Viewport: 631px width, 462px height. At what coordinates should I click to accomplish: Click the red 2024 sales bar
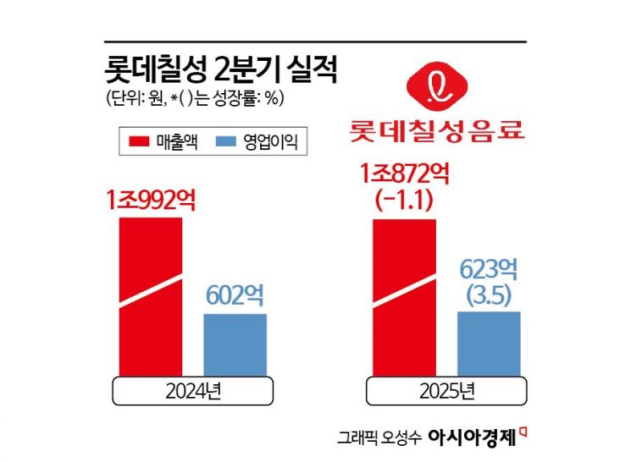150,296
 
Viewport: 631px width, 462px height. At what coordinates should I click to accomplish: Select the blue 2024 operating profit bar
235,344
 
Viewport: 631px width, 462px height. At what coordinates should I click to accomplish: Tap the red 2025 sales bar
404,296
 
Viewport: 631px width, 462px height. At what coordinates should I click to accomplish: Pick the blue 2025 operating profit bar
489,342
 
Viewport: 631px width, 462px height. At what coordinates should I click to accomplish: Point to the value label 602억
235,296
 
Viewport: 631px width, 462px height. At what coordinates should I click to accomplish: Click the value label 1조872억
406,175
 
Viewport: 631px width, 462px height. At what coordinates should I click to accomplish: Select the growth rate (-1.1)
406,201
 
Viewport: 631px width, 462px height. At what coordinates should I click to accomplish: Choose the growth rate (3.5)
489,295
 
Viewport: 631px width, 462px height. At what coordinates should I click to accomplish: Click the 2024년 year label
192,391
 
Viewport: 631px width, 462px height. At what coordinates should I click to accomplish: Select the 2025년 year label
446,391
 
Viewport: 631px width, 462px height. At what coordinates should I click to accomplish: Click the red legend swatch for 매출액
136,142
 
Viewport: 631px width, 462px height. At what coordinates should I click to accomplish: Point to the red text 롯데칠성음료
436,132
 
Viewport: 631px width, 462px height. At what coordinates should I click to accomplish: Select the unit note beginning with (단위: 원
195,98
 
